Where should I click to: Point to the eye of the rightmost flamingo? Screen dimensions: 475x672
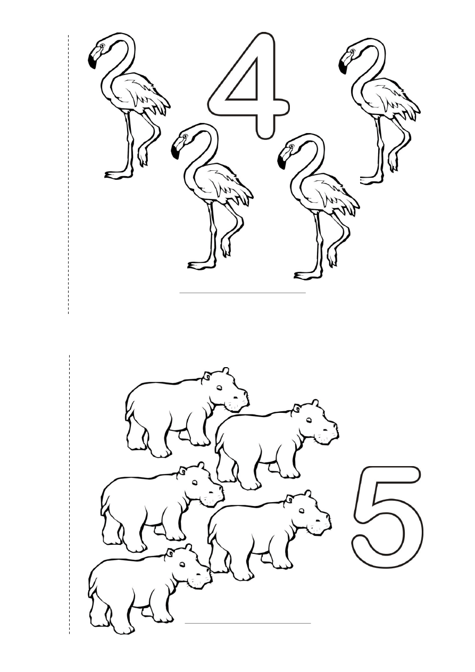click(x=353, y=51)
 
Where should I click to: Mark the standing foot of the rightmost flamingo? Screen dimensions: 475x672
click(x=371, y=179)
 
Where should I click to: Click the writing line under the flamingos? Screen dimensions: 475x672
click(x=243, y=293)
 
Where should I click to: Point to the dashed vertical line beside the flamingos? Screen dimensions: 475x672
click(x=69, y=175)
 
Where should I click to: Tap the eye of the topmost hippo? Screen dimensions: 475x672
click(x=220, y=388)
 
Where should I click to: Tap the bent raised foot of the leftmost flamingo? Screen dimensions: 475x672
click(x=143, y=155)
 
